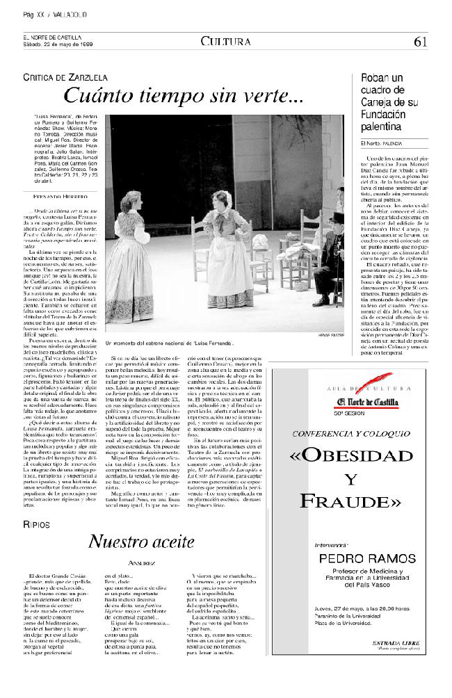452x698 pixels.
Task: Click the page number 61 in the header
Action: (x=419, y=41)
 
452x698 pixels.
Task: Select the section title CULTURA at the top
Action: (x=225, y=41)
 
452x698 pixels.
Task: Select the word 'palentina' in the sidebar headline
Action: (x=381, y=127)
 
